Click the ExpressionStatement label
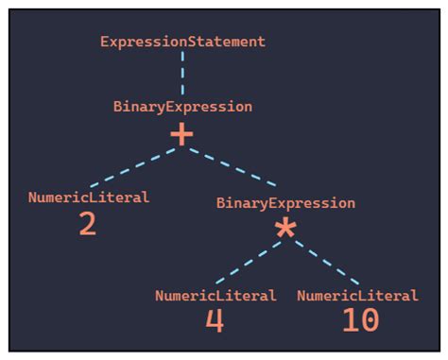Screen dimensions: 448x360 [182, 42]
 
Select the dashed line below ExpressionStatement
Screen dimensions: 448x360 [182, 72]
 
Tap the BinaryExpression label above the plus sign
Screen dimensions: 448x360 [182, 107]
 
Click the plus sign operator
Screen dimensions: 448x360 [181, 135]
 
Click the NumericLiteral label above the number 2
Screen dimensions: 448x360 [89, 198]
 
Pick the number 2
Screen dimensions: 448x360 [87, 224]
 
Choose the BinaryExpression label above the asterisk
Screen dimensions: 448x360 [285, 203]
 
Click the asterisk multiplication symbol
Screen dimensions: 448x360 [284, 229]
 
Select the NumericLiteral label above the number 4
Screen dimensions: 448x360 [215, 296]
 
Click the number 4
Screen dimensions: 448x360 [215, 321]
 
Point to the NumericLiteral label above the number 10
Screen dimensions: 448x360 [357, 296]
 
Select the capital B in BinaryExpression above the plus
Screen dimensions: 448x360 [117, 107]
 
